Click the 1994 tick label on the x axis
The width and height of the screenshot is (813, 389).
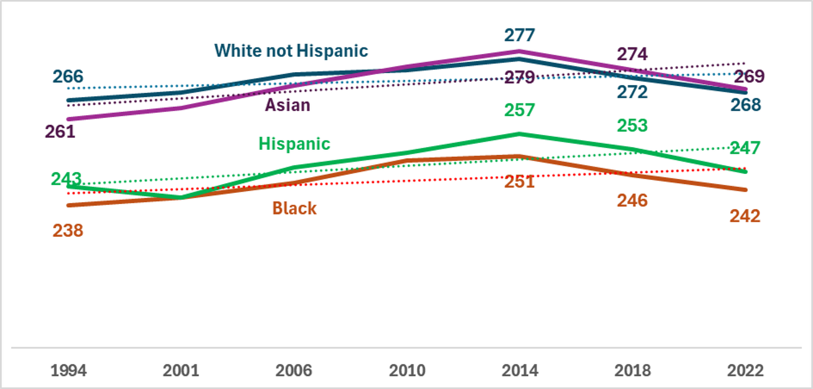(69, 371)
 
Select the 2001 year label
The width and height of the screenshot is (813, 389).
(181, 371)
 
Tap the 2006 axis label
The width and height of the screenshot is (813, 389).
(294, 371)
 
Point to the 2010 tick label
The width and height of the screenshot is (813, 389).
(407, 371)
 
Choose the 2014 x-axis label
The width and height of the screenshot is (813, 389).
(520, 371)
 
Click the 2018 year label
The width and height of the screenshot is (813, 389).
(633, 371)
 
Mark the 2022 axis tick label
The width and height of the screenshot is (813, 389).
(745, 371)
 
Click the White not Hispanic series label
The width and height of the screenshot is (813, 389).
(291, 51)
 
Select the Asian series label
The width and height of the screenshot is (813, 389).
(288, 105)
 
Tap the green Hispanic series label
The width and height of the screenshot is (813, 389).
(294, 144)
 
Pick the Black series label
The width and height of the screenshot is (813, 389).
(294, 208)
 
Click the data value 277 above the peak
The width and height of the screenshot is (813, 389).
(520, 36)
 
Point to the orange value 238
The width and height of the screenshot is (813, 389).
(68, 231)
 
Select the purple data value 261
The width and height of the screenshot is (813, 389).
(60, 132)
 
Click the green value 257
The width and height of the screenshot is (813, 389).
(520, 111)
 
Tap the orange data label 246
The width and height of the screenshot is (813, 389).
(633, 201)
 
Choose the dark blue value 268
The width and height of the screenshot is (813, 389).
(746, 105)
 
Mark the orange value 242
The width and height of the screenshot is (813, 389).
(745, 216)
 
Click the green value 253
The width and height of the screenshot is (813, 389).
(633, 126)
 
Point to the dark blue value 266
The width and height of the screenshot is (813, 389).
(68, 77)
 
